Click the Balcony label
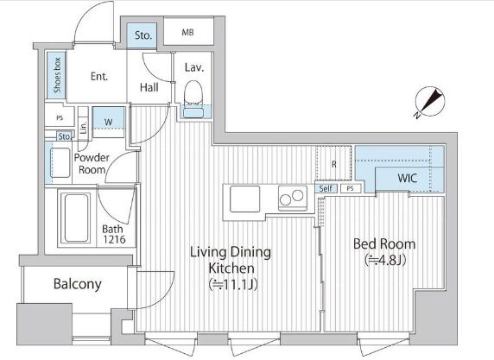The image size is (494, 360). coord(78,284)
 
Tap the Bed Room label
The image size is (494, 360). coord(384,243)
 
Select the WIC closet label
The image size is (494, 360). coord(408,178)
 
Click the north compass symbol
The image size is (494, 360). coord(429,101)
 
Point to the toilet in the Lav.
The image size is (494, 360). coord(193,93)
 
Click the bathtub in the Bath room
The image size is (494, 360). coord(75,218)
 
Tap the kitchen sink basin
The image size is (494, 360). coord(244,199)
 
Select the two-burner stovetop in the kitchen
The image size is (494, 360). coord(293,198)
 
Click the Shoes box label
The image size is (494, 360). coord(57,75)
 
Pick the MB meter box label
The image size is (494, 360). coord(187,32)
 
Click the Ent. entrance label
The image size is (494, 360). coord(99,76)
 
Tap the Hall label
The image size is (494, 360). coord(149,87)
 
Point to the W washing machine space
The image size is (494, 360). coord(108,123)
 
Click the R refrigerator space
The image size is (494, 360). coord(334,163)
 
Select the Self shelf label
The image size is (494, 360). coord(326,188)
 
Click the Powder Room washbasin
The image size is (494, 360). coord(60,162)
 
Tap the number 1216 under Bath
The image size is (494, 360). coord(114,240)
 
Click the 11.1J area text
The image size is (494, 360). coord(233,285)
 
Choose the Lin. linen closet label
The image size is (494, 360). coord(84,128)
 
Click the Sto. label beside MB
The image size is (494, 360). coord(143,35)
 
